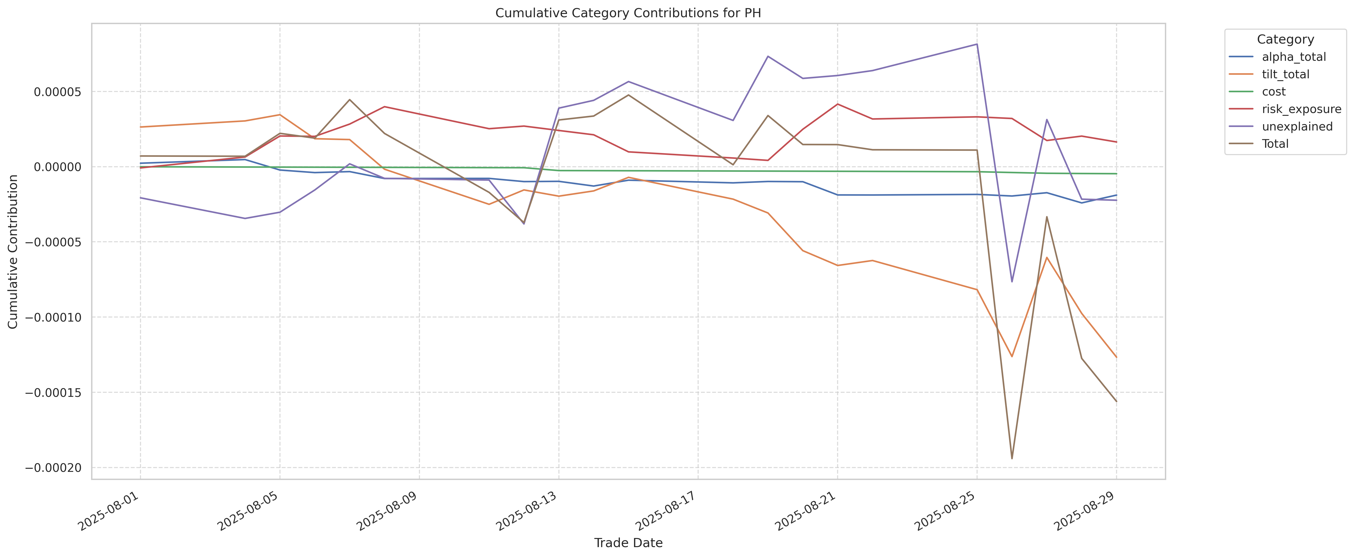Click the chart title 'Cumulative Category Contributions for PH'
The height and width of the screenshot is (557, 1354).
(x=628, y=13)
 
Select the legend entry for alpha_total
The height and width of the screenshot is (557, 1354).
(x=1294, y=57)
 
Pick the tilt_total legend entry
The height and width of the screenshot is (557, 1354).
(x=1285, y=74)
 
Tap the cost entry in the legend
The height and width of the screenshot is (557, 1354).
(x=1274, y=91)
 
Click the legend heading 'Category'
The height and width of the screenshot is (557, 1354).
(x=1285, y=40)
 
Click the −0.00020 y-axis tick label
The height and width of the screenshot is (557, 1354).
(x=54, y=468)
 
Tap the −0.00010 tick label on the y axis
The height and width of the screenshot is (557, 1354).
(x=54, y=317)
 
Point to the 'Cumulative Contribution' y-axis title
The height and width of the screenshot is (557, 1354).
(x=13, y=251)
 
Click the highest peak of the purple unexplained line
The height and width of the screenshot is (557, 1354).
(x=977, y=44)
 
